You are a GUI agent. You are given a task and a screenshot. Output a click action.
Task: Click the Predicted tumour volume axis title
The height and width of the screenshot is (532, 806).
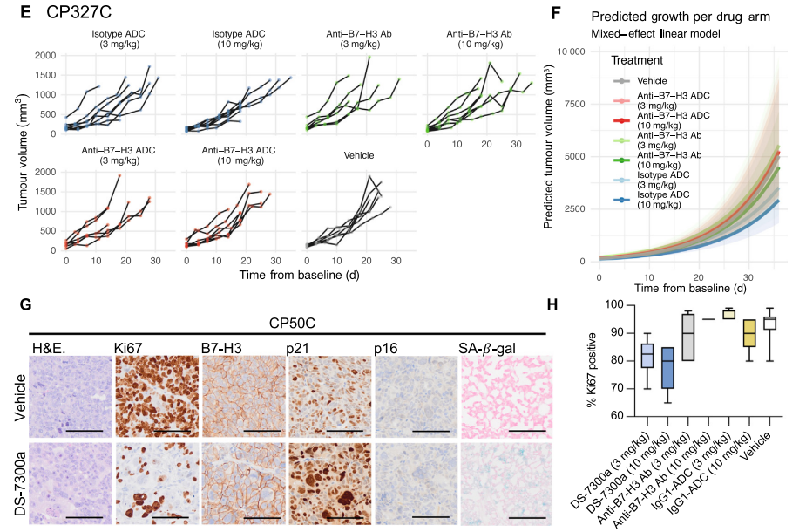[x=550, y=156]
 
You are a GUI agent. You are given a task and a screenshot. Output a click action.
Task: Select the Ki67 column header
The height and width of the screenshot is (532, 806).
[x=129, y=349]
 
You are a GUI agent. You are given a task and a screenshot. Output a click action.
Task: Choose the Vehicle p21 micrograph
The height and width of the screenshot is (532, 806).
[x=330, y=397]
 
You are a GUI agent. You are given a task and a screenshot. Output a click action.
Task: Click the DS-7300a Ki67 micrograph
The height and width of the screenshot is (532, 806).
[x=157, y=482]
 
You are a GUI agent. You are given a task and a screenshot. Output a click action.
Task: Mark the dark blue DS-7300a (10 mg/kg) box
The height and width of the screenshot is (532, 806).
[x=667, y=368]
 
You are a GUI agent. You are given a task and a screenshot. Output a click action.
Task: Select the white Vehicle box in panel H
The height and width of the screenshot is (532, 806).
[x=769, y=323]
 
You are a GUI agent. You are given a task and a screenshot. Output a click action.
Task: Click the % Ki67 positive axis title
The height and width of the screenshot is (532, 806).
[x=594, y=360]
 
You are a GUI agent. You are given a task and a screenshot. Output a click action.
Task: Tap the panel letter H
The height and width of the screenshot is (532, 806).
[x=552, y=304]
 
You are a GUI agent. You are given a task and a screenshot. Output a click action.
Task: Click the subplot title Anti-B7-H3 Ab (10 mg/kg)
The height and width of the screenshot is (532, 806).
[x=478, y=39]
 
